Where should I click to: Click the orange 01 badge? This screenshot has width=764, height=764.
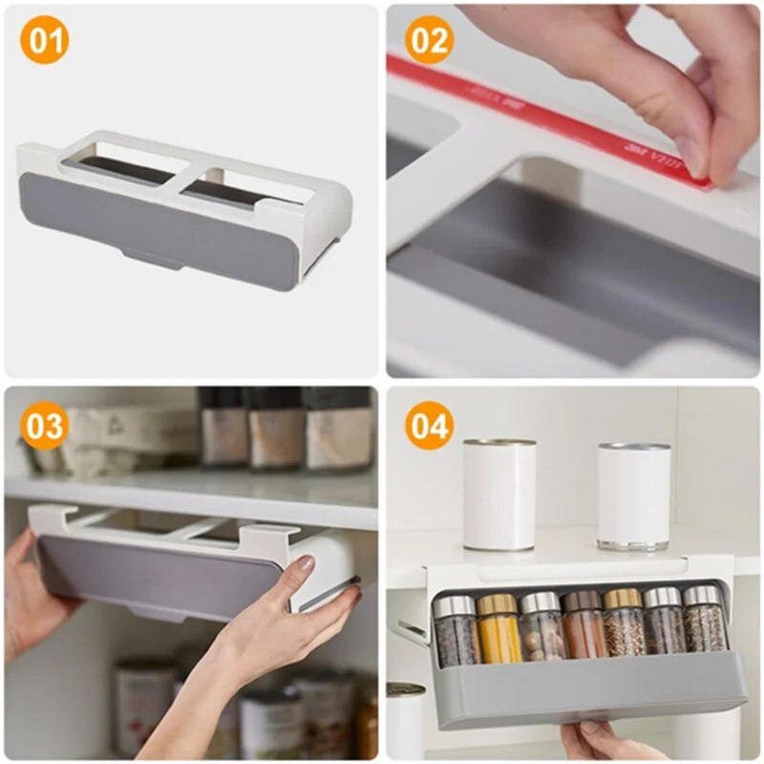(x=45, y=41)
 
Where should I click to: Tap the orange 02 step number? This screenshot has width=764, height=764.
(x=429, y=41)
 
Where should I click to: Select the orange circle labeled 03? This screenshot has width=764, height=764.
(x=45, y=426)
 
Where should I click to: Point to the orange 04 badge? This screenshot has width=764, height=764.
(x=429, y=426)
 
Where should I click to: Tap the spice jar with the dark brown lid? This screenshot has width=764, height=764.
(x=582, y=626)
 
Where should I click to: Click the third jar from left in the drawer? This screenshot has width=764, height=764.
(x=541, y=627)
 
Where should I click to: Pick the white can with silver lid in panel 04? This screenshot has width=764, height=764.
(x=633, y=495)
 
